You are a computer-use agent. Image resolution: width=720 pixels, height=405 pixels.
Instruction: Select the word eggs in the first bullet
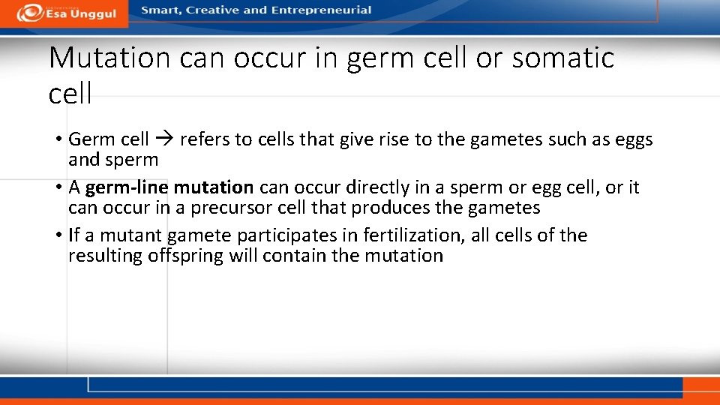pyautogui.click(x=634, y=140)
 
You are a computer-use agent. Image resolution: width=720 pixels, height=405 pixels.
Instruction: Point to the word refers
pyautogui.click(x=203, y=139)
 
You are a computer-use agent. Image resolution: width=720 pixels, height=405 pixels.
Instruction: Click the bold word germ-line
pyautogui.click(x=127, y=187)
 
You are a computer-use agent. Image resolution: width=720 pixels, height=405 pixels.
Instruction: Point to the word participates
pyautogui.click(x=287, y=235)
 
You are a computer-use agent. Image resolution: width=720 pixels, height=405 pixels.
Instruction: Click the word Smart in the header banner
pyautogui.click(x=159, y=10)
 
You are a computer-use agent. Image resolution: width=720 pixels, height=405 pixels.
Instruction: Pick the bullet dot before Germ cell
pyautogui.click(x=58, y=140)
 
